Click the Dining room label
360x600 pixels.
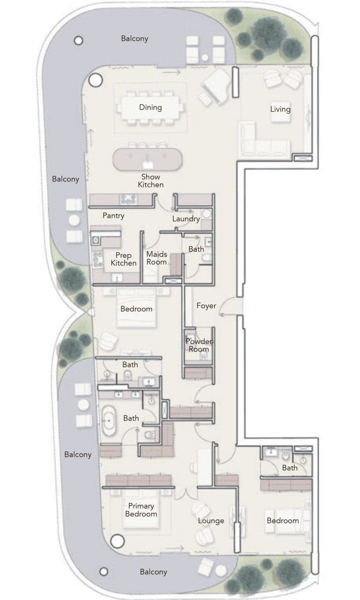[150, 107]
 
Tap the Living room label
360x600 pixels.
[280, 109]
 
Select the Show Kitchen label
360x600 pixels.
[150, 180]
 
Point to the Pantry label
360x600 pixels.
[113, 216]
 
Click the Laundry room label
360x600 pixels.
[186, 218]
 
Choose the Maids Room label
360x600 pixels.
[157, 258]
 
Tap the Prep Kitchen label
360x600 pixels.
[123, 259]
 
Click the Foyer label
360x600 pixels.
[206, 306]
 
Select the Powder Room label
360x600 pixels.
[198, 345]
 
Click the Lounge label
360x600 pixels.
[211, 520]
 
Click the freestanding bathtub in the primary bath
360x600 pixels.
[109, 420]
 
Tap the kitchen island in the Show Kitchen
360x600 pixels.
[148, 159]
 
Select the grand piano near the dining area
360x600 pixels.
[217, 86]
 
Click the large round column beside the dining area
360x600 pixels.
[96, 80]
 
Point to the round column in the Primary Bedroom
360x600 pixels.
[117, 541]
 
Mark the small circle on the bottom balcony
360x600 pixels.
[104, 571]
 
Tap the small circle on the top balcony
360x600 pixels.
[78, 41]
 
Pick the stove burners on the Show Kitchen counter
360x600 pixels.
[128, 199]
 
